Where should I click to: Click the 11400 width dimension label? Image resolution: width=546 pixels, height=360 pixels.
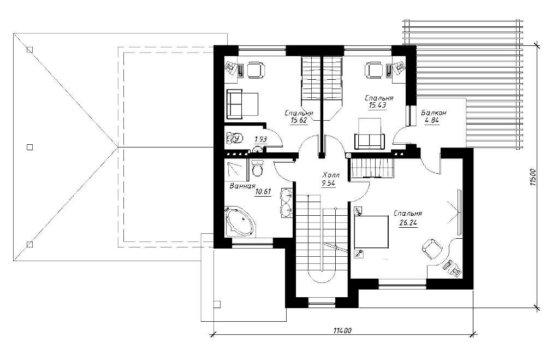click(x=342, y=331)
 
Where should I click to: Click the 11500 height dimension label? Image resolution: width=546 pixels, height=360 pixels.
click(x=532, y=179)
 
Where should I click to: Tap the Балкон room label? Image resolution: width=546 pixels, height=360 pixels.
click(x=434, y=113)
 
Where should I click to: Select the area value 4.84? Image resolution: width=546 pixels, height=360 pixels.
click(x=431, y=121)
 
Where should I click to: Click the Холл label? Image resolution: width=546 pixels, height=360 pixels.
click(x=330, y=175)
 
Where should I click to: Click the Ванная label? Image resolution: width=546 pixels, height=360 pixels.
click(x=242, y=186)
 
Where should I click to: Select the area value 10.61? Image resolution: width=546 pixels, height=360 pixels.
click(x=263, y=191)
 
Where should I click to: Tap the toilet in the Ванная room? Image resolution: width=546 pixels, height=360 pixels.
click(x=257, y=168)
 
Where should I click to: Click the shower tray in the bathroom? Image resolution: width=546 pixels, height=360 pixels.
click(x=235, y=170)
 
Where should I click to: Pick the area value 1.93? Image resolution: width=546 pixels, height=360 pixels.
click(x=261, y=139)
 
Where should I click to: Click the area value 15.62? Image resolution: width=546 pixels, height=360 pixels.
click(x=299, y=121)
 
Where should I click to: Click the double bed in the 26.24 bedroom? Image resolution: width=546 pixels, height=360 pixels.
click(x=371, y=232)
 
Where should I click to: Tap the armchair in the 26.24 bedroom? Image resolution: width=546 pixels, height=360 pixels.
click(x=432, y=249)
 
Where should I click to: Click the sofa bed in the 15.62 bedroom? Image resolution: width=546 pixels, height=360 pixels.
click(x=242, y=103)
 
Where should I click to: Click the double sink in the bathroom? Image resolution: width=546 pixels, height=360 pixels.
click(x=286, y=202)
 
